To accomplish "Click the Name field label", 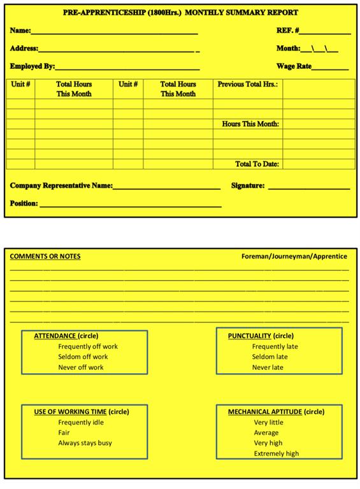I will [20, 31].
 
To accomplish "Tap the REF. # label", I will [287, 31].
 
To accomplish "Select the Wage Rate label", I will [294, 66].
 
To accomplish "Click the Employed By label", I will [32, 66].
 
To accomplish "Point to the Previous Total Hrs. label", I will [248, 84].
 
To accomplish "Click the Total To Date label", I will [257, 164].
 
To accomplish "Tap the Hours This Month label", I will [250, 124].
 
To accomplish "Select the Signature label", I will [248, 186].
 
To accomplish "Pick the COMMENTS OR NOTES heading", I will [45, 257].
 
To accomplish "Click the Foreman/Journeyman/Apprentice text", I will [294, 257].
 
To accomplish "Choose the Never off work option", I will [81, 367].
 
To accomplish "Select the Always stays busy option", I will [85, 443].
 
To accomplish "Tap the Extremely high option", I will [276, 453].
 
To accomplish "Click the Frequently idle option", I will [81, 423].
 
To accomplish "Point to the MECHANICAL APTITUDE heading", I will [265, 412].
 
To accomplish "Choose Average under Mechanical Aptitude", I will [266, 433].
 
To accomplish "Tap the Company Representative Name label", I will [61, 186].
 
